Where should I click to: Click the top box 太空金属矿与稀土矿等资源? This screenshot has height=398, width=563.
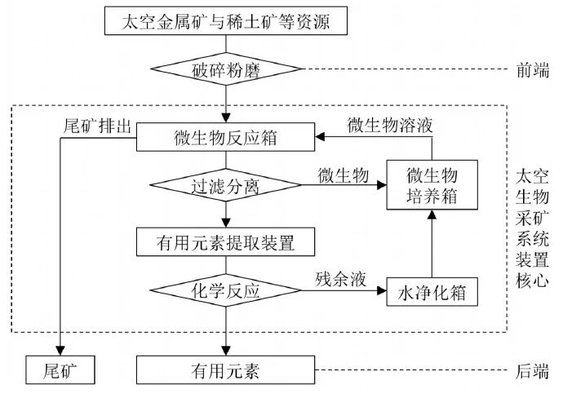tap(225, 20)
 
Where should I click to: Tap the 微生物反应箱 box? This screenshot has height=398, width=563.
tap(226, 137)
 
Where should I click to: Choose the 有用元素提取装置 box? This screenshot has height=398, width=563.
tap(226, 241)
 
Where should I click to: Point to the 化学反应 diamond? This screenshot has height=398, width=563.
tap(226, 291)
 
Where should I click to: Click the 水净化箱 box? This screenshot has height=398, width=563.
tap(430, 291)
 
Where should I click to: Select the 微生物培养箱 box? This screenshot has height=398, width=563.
tap(430, 187)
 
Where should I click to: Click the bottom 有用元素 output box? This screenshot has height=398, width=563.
tap(226, 371)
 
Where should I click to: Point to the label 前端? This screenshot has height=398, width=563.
tap(534, 69)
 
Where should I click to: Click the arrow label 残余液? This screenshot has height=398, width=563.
tap(339, 277)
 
